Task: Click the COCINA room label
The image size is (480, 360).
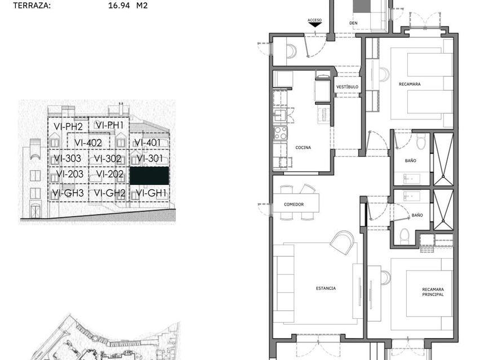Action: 303,148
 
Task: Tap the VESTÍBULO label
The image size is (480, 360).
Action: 347,87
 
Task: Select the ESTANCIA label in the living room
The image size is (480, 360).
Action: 326,288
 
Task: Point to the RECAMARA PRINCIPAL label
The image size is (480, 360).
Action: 433,292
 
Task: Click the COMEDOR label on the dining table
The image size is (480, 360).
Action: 294,204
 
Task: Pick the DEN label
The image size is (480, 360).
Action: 353,23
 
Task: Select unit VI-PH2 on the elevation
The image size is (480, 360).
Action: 68,126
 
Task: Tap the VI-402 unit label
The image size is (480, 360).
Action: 88,143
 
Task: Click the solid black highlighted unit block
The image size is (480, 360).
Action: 149,176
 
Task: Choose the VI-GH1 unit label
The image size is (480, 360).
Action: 148,193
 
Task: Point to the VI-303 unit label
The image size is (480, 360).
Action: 68,158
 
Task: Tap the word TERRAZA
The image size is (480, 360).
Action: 32,6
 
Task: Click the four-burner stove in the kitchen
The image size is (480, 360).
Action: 280,133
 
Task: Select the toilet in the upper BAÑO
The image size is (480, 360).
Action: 421,143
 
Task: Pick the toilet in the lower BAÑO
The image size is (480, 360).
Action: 405,236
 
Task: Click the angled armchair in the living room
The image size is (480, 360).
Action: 342,242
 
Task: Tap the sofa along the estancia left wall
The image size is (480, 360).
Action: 283,284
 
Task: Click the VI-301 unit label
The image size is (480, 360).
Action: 149,158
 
